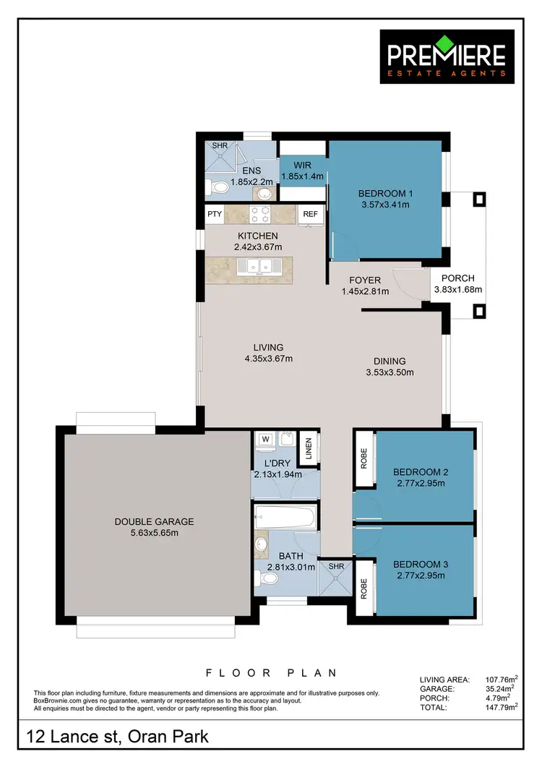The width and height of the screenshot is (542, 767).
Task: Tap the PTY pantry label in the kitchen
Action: click(x=215, y=214)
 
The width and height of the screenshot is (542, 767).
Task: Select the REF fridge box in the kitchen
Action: click(x=310, y=214)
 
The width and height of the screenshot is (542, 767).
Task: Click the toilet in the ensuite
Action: click(x=219, y=188)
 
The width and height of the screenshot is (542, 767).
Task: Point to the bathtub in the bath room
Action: click(x=285, y=518)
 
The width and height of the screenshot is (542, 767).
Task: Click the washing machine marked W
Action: click(x=264, y=438)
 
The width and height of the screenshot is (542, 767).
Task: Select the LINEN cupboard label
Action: click(x=309, y=448)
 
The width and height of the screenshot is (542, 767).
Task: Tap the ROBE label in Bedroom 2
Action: click(x=364, y=460)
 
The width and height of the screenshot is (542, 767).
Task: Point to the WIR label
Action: click(x=303, y=165)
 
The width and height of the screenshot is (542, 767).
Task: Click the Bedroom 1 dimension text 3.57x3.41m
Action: click(x=384, y=205)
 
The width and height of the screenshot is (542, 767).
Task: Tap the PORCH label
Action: click(x=457, y=278)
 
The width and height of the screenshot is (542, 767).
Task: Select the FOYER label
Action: click(x=365, y=280)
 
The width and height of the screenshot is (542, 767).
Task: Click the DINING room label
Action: click(x=390, y=361)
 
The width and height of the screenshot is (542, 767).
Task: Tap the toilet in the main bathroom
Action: click(x=269, y=578)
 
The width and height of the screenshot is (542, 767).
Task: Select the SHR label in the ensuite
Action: click(x=220, y=145)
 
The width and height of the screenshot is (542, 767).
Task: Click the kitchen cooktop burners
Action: click(x=260, y=214)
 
